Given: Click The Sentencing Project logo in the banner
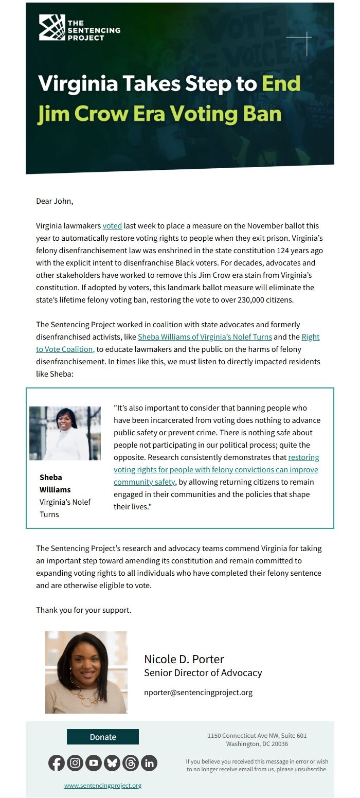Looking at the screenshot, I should pos(79,28).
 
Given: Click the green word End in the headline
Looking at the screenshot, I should pos(281,83).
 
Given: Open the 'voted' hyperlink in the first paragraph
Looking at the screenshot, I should pos(112,226).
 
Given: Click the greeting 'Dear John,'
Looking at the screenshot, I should pos(55,201).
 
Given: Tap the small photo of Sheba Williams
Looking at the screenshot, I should pos(65,433).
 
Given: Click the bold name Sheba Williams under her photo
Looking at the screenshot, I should pos(55,483).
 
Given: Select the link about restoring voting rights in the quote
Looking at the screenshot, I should pos(216,470).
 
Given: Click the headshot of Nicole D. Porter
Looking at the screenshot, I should pos(86,672).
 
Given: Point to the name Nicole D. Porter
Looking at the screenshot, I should pos(184,659).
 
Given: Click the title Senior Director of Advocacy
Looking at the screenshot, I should pos(203,672).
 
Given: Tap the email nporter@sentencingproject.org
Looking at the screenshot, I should pos(198,693).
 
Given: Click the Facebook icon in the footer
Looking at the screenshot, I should pos(57,763).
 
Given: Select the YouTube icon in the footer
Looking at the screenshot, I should pos(94,763).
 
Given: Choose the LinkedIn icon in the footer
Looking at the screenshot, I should pos(149,763).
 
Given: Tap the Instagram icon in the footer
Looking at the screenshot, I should pos(75,763).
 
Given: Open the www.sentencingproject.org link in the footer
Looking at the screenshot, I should pos(103,786).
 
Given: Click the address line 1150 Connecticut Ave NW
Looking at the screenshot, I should pos(257,736).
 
